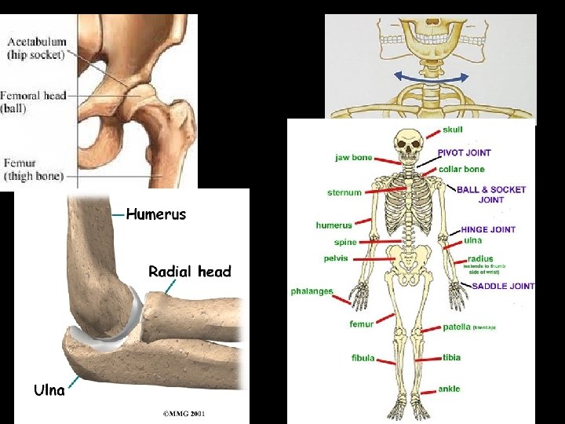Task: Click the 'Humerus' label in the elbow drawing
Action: point(156,214)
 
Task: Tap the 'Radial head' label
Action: point(191,272)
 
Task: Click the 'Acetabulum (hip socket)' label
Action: point(37,49)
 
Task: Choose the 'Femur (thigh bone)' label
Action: point(34,170)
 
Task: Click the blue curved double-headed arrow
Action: point(431,76)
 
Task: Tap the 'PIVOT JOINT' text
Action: point(465,153)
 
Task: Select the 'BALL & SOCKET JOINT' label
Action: point(491,194)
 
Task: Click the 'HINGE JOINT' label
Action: point(487,229)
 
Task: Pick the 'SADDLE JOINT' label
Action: point(502,287)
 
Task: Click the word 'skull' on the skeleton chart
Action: point(453,130)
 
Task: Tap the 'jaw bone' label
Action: point(354,158)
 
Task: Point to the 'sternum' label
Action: point(344,192)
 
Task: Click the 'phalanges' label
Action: point(312,291)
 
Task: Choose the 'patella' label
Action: point(457,327)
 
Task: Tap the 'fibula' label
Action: point(363,358)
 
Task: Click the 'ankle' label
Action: point(450,389)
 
